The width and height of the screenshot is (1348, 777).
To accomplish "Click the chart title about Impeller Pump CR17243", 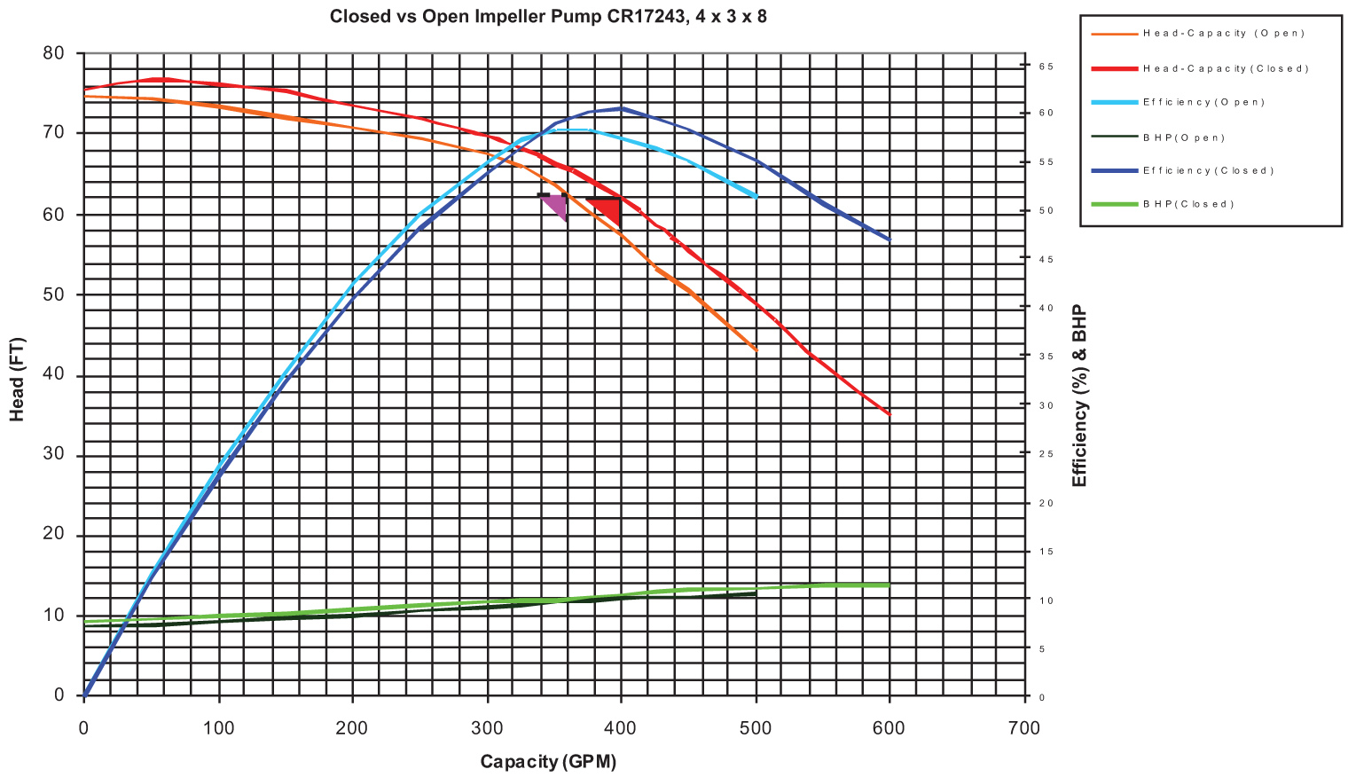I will [548, 16].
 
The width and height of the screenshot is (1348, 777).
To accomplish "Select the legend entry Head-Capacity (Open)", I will [1223, 34].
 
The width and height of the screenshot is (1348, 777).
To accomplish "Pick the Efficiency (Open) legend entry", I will [1203, 102].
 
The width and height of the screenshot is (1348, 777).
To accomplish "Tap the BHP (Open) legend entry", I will [1184, 137].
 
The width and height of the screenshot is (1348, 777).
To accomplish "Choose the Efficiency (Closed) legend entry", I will [1208, 170].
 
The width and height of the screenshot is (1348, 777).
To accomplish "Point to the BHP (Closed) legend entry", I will [1188, 204].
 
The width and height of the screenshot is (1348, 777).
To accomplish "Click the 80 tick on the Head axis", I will [54, 53].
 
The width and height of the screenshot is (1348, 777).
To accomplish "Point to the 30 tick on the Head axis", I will [54, 456].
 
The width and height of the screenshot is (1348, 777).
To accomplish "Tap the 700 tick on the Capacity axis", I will [1024, 728].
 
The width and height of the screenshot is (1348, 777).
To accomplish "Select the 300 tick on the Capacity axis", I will [488, 728].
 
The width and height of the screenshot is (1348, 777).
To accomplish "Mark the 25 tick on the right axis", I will [1046, 454].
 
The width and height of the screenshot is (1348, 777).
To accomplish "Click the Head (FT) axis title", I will [17, 379].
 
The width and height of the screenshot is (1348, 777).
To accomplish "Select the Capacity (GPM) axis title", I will [548, 762].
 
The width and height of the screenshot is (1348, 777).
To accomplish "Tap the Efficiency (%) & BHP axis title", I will [1079, 396].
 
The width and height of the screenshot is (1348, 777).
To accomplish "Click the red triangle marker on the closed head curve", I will [608, 209].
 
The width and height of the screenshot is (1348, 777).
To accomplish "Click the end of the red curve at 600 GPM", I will [889, 414].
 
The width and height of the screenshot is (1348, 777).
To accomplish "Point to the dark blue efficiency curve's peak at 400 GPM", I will [622, 108].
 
